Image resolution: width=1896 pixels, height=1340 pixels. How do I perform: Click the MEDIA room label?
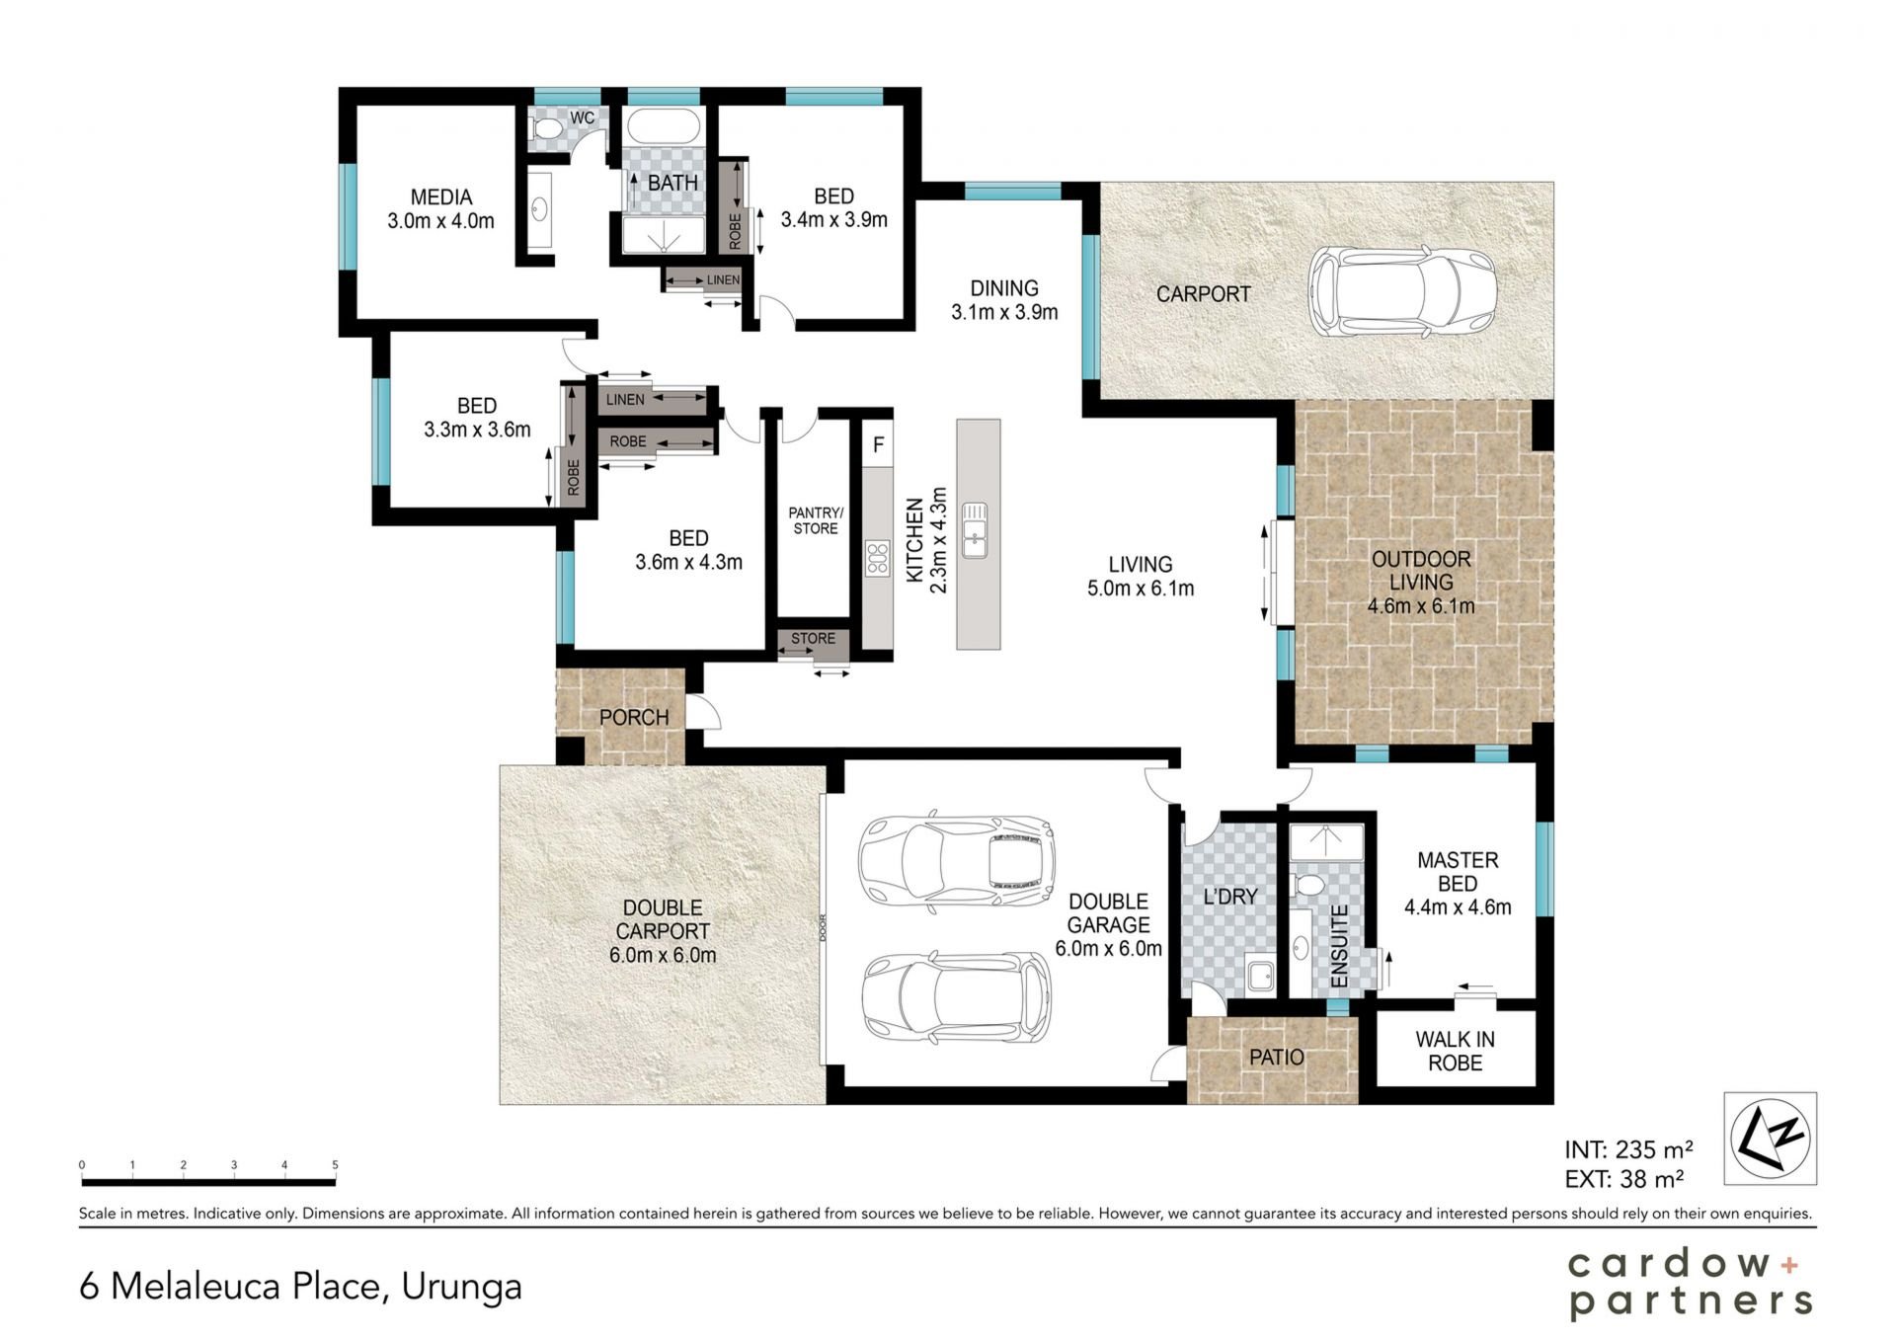coord(441,197)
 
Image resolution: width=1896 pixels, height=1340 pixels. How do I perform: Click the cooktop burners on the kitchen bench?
coord(877,558)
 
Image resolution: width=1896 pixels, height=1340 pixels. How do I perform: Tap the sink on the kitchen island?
coord(976,529)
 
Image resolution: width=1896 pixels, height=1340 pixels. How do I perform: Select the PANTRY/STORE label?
coord(816,520)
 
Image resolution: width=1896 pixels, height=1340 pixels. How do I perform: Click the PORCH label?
coord(634,718)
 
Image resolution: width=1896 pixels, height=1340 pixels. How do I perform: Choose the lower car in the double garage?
coord(956,997)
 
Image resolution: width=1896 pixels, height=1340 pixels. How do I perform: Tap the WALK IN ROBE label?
coord(1455,1051)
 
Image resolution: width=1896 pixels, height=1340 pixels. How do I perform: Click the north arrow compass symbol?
coord(1771,1139)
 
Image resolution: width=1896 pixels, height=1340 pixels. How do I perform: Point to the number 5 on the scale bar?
coord(335,1165)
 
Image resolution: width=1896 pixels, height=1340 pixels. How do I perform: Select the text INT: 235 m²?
coord(1628,1149)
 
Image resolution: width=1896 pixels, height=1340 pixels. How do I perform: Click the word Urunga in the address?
coord(461,1287)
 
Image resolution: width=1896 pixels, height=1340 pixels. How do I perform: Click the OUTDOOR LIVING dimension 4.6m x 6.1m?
coord(1421,606)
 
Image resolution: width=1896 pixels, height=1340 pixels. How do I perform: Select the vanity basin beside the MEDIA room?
coord(540,209)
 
